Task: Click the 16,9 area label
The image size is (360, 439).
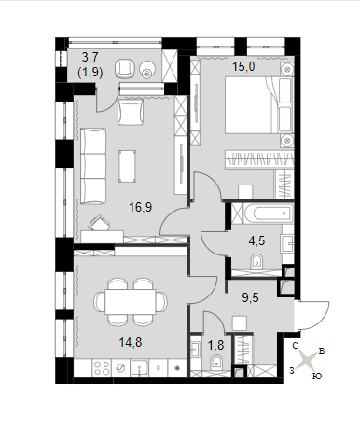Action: coord(141,207)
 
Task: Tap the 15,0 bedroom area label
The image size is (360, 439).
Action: coord(244,66)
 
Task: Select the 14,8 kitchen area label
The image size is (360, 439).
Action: coord(131,342)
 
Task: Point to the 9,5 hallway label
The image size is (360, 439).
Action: coord(251,297)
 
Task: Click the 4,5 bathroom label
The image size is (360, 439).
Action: coord(256,240)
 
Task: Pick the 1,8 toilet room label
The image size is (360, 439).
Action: coord(215,345)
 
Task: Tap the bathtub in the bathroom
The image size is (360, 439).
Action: coord(268,213)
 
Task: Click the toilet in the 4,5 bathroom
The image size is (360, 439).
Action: coord(257,261)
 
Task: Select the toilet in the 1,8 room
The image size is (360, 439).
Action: coord(216,363)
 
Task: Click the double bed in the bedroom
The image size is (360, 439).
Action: coord(258,105)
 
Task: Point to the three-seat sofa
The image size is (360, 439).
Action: coord(93,166)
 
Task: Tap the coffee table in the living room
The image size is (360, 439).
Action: coord(127,166)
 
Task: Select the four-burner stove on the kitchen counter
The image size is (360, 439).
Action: coord(102,368)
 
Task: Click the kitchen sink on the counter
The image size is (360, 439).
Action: coord(140,368)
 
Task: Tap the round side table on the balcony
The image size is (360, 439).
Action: coord(146,69)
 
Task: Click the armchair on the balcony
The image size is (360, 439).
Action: coord(125,69)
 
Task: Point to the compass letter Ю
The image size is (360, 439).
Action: coord(317,377)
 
